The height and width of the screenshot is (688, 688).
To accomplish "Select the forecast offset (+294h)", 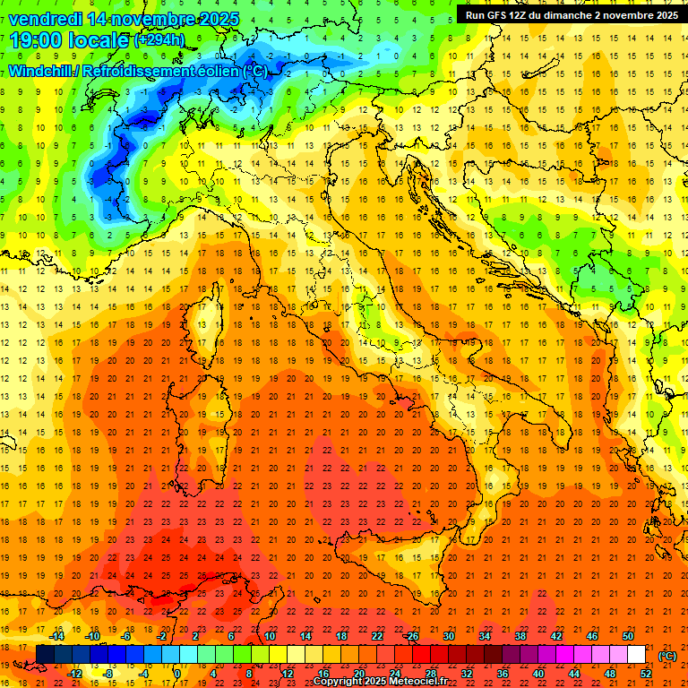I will (x=159, y=40).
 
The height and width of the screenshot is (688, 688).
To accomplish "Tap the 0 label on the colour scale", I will (x=177, y=674).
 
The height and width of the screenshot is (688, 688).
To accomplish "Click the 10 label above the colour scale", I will (x=269, y=636).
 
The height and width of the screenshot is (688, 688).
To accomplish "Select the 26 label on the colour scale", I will (x=413, y=636).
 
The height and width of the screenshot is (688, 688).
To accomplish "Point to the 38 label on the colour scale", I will (x=520, y=636).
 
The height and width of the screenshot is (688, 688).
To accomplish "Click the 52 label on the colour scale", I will (x=645, y=674).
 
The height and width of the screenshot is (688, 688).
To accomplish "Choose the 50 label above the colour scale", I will (x=627, y=636).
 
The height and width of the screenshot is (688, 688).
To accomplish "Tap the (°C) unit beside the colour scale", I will (x=667, y=655).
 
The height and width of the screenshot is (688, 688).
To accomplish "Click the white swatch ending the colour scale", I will (x=636, y=655).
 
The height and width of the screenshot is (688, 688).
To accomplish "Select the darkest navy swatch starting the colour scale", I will (x=45, y=655).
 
